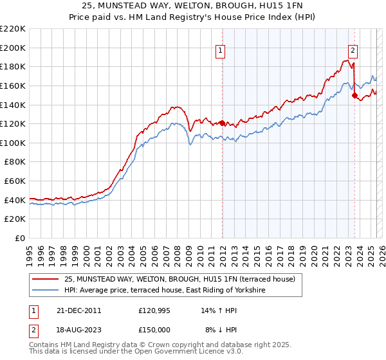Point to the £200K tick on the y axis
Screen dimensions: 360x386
pyautogui.click(x=14, y=48)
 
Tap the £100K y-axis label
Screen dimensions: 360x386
pyautogui.click(x=14, y=143)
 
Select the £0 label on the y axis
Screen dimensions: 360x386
pyautogui.click(x=19, y=239)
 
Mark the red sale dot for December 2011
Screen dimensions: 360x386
pyautogui.click(x=222, y=123)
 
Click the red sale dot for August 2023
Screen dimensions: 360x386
pyautogui.click(x=354, y=95)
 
